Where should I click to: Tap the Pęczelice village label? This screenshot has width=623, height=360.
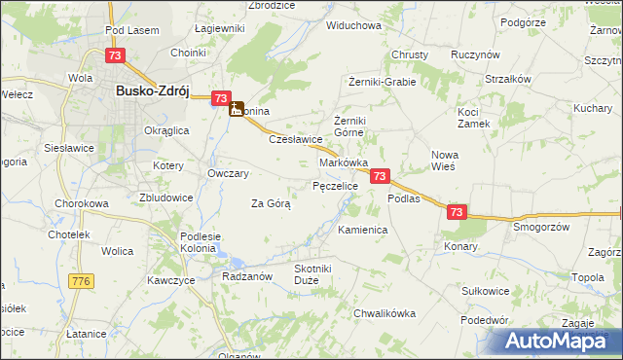[x=336, y=185]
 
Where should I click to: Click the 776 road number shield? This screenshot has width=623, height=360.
[x=81, y=281]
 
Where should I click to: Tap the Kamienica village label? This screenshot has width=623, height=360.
[x=363, y=230]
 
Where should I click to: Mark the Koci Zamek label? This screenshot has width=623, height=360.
[x=474, y=118]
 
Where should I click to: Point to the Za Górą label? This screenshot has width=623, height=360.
[x=272, y=203]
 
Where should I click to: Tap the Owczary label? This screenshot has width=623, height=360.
[x=229, y=173]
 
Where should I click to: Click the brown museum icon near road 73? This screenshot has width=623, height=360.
[x=237, y=110]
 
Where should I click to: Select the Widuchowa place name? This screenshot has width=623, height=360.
[x=353, y=25]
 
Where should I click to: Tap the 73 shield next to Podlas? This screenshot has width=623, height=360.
[x=381, y=176]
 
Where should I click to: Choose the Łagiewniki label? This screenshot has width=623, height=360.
[x=219, y=28]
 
